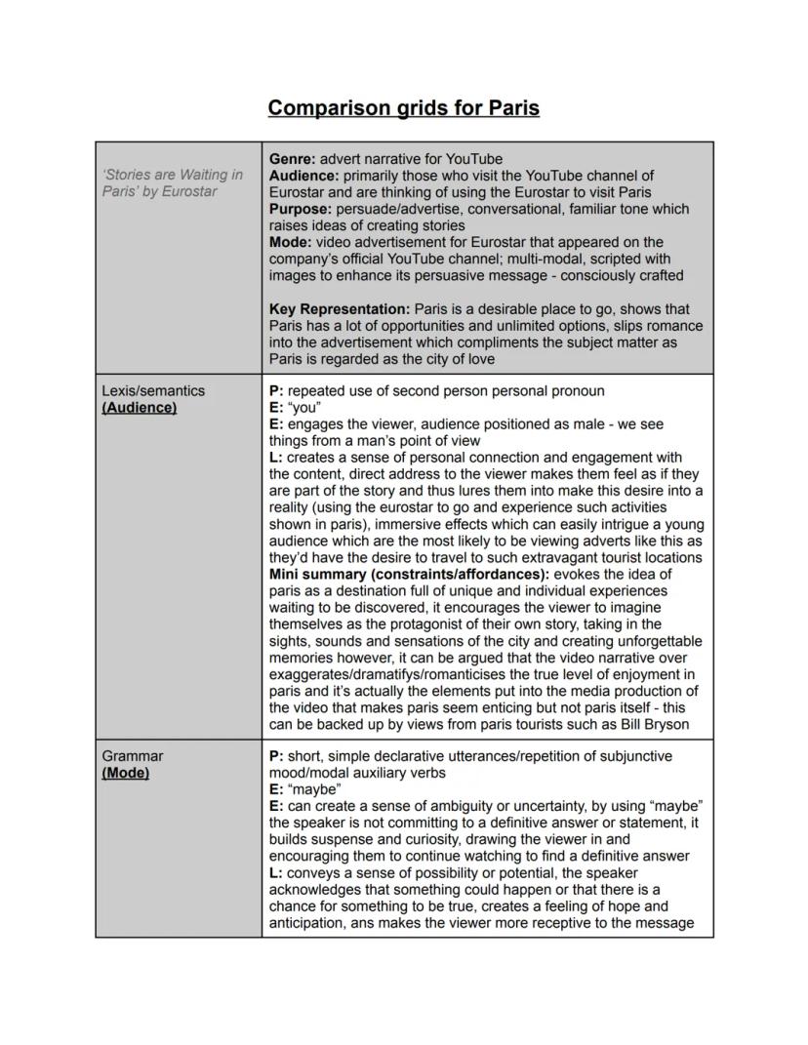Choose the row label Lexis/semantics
153,390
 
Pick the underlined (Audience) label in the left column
140,407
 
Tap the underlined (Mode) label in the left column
126,773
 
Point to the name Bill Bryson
654,724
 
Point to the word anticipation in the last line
307,922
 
